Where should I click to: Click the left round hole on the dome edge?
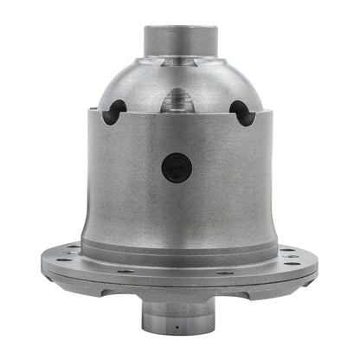[114, 112]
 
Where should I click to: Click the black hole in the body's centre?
[177, 166]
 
